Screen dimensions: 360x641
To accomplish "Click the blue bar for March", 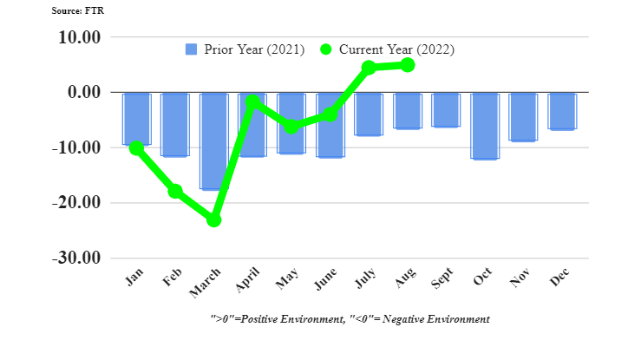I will click(213, 141).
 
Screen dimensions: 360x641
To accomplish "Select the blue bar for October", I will click(485, 126).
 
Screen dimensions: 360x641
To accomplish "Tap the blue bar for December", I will click(562, 111).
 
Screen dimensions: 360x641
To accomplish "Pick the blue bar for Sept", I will click(446, 110).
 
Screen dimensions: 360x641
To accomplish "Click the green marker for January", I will click(136, 148).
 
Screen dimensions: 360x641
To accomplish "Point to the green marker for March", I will click(213, 220).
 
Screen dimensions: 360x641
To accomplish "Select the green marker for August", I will click(408, 65).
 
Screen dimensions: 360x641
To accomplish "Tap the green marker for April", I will click(252, 102).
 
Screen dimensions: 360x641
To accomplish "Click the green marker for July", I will click(369, 68).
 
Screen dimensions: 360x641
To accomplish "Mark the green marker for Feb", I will click(175, 191).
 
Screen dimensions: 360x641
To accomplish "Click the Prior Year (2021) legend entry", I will click(245, 49).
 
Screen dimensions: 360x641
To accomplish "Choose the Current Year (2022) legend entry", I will click(387, 49).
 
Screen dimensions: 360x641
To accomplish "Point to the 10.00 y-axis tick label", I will click(78, 37).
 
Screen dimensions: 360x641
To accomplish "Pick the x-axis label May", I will click(288, 282).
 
